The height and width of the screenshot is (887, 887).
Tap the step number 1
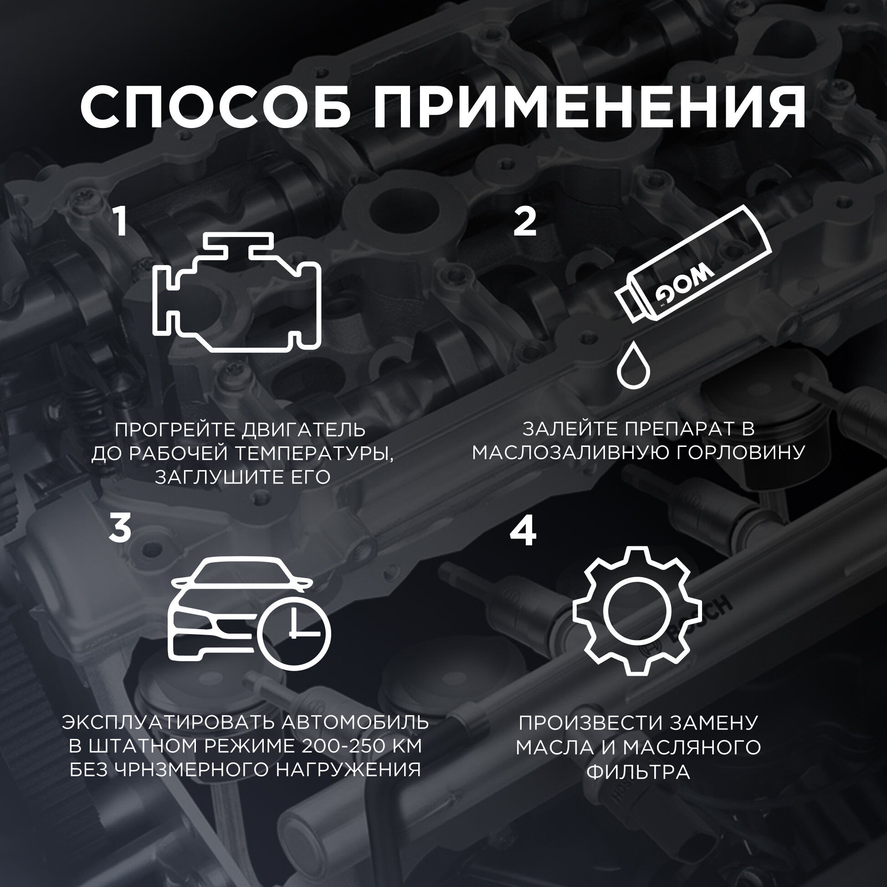[x=121, y=221]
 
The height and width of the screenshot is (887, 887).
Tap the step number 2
[x=525, y=221]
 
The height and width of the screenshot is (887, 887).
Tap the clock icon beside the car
[x=294, y=634]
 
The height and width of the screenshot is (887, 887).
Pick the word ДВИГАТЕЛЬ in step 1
[x=304, y=430]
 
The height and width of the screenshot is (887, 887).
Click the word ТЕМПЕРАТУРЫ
[x=315, y=454]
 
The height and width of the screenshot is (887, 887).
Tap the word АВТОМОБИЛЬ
[x=355, y=722]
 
